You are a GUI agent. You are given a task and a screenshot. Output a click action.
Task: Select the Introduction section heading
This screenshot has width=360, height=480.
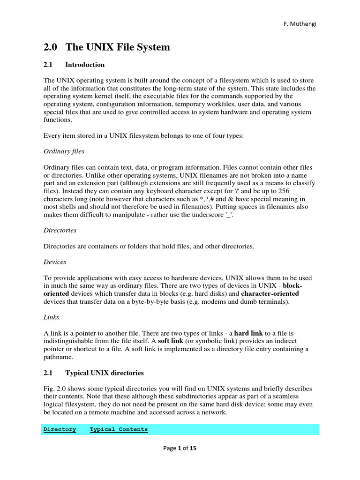[x=85, y=65]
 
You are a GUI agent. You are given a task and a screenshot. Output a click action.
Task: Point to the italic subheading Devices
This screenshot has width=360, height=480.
[x=55, y=262]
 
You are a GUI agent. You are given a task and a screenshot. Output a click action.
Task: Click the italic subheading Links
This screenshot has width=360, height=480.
[x=51, y=317]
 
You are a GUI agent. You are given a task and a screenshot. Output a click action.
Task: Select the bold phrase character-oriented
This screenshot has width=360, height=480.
[x=270, y=293]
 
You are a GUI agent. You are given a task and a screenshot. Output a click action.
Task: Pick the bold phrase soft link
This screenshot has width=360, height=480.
[x=170, y=341]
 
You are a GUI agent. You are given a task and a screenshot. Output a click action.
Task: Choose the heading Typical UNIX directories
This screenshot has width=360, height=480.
[x=105, y=373]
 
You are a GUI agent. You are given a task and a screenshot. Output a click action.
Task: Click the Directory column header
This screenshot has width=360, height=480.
[x=60, y=429]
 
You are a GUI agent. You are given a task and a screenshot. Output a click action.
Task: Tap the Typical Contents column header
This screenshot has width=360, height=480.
[x=119, y=429]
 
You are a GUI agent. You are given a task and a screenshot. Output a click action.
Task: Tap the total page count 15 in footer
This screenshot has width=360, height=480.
[x=193, y=448]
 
